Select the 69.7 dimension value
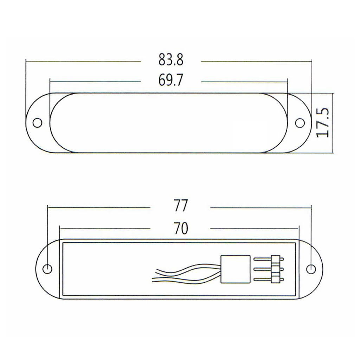[x=171, y=81]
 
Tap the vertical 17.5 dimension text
[x=322, y=123]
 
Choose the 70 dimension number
[x=180, y=229]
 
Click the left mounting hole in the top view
[x=37, y=123]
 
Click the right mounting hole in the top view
[x=300, y=123]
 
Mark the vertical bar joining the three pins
[x=276, y=269]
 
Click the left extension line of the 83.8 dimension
[x=26, y=88]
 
